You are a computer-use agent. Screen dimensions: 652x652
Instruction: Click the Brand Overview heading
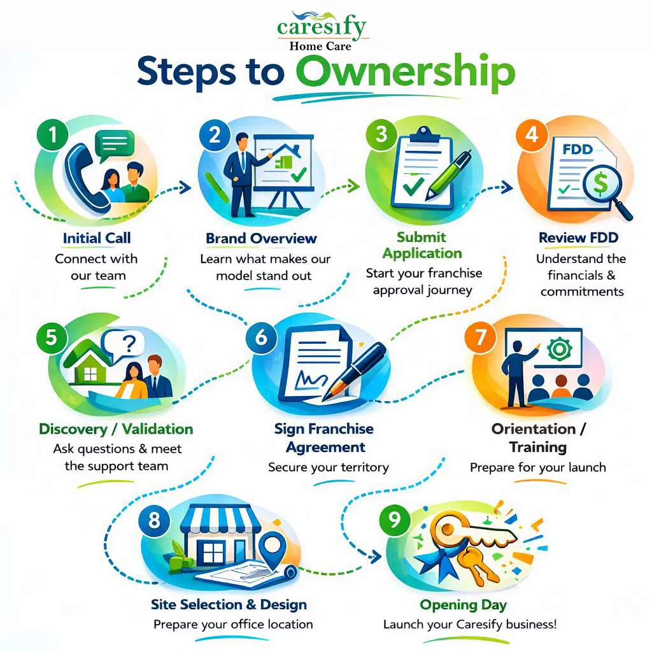(261, 239)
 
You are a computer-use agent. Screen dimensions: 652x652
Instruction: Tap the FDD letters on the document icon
(578, 150)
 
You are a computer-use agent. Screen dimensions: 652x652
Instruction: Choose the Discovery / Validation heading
(116, 429)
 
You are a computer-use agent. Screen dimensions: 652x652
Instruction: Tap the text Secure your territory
(328, 467)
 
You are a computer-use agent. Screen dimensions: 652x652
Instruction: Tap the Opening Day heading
(463, 604)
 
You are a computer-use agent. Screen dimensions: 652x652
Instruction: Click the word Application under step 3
(422, 253)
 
